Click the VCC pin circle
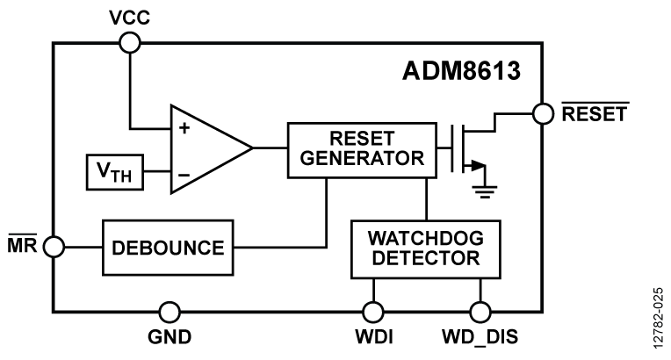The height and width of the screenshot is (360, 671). pos(130,41)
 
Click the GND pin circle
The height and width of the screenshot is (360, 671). pos(170,311)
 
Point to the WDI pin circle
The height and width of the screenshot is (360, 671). pos(374,311)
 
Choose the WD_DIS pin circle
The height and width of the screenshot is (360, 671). pos(480,311)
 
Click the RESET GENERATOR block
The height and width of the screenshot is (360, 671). pos(361,147)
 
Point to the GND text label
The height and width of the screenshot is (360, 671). pos(170,339)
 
